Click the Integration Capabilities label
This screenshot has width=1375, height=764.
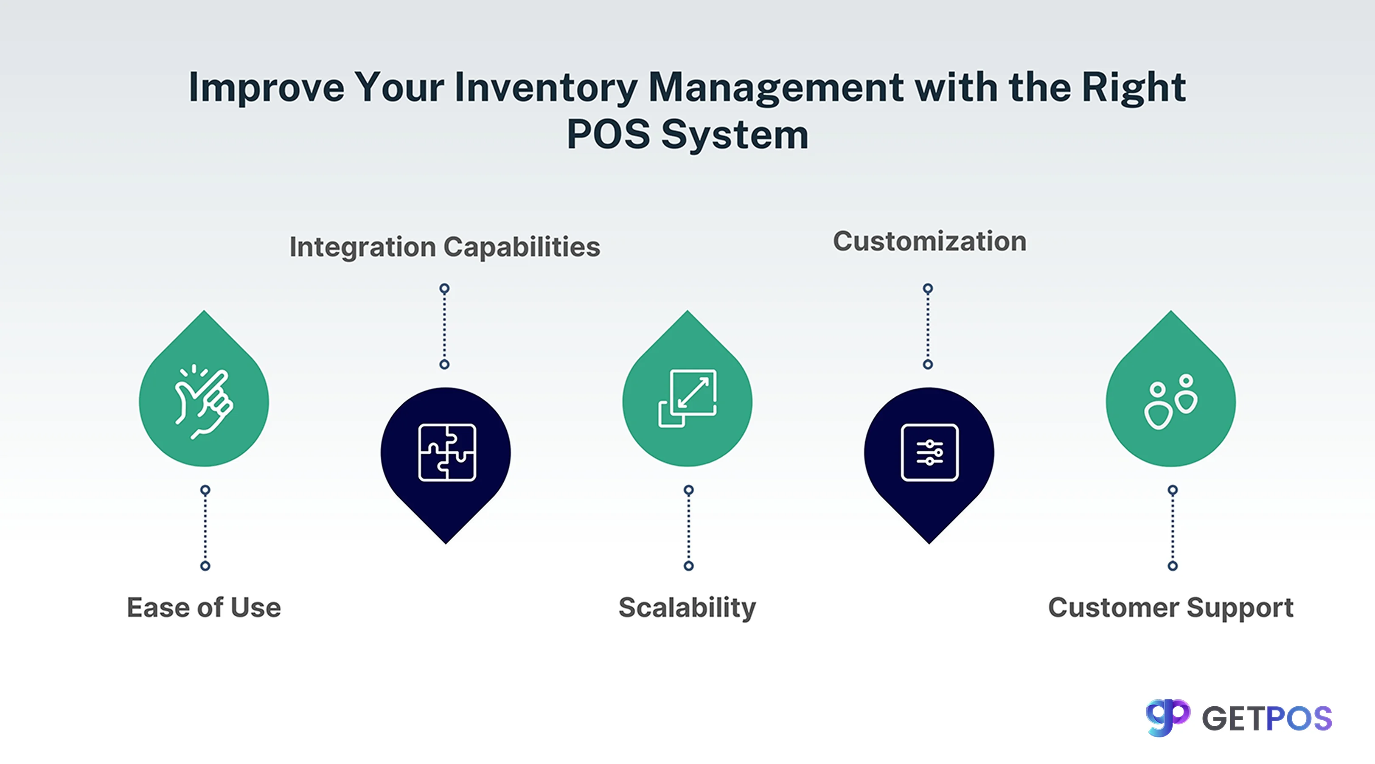[445, 247]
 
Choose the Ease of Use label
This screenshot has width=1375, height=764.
[204, 607]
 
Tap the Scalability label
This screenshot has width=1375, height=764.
[687, 607]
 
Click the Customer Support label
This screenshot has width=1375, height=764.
[1170, 607]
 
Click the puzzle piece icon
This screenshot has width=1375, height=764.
[447, 453]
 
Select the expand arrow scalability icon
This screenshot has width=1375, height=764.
[687, 398]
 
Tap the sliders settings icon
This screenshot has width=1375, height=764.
[929, 453]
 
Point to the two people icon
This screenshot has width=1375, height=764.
[1170, 402]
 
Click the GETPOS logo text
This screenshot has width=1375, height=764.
[1267, 719]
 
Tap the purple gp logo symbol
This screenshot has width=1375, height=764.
[1167, 717]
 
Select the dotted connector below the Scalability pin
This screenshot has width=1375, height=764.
[689, 528]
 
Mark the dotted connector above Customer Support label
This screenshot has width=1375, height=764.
[1172, 528]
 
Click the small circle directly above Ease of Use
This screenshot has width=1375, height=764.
[205, 566]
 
